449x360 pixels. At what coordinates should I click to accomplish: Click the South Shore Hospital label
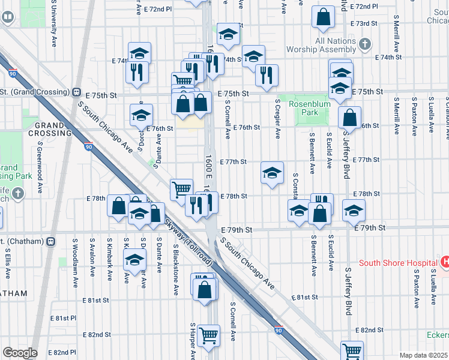point(397,263)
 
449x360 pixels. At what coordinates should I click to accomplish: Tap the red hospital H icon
point(445,262)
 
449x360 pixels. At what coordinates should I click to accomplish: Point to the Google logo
point(19,353)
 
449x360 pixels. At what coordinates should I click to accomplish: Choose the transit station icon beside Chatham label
point(50,241)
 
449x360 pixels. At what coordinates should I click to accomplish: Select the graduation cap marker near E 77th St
point(272,173)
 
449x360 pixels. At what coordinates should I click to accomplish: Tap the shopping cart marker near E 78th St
point(181,190)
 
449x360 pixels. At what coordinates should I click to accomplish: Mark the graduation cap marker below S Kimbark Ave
point(134,259)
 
